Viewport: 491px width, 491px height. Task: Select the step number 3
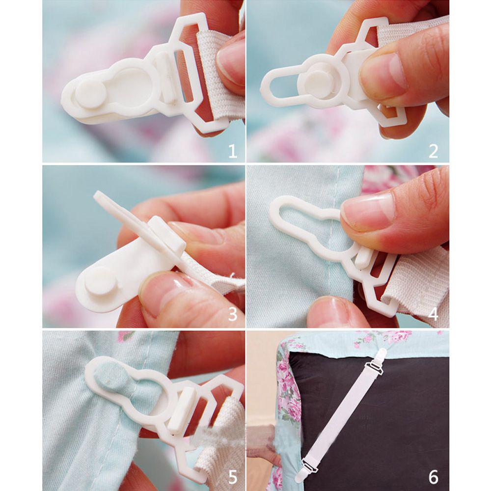[x=232, y=314]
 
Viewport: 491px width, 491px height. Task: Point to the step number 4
[x=433, y=313]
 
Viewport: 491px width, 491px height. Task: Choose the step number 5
[x=232, y=476]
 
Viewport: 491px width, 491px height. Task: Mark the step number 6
[x=433, y=476]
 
